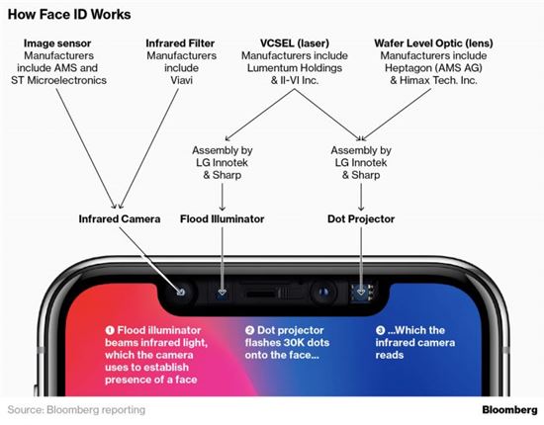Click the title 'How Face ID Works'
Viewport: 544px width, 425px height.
(69, 15)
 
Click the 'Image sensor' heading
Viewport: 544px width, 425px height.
(57, 43)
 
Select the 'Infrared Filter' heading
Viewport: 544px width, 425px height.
(180, 43)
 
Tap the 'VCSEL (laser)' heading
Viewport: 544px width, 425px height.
(295, 43)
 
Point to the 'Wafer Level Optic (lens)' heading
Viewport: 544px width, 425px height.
(433, 43)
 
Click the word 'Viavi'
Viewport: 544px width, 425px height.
(181, 80)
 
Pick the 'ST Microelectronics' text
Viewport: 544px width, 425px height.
(58, 80)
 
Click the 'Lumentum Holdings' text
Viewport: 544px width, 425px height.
(295, 68)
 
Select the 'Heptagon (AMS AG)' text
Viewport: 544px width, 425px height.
(433, 68)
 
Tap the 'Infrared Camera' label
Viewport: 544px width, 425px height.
(120, 219)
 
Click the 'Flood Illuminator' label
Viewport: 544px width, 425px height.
(222, 219)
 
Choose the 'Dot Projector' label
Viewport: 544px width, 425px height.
(361, 219)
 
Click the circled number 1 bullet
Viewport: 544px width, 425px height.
(110, 330)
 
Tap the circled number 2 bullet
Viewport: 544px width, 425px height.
(249, 330)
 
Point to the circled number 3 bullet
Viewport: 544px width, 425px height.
(380, 330)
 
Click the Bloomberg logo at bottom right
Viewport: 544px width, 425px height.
(509, 410)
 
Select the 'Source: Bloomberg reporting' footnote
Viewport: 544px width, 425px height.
(76, 410)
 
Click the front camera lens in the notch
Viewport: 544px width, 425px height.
(323, 293)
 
